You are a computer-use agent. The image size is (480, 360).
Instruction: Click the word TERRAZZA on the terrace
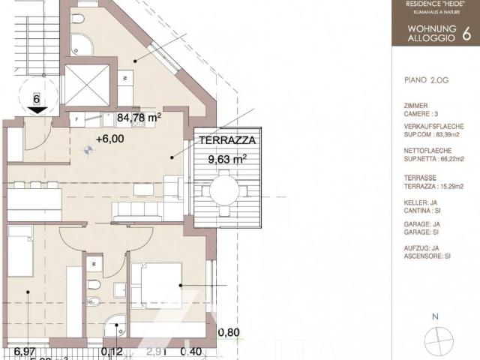227,140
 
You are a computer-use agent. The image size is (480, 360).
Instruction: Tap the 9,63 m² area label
227,159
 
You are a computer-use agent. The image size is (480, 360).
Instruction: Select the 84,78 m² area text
139,116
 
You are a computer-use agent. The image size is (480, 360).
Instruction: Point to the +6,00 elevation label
110,138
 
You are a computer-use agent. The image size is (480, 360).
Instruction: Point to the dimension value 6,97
25,351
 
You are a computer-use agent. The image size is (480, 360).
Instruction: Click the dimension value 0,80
229,333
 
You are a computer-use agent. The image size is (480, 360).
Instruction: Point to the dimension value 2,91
156,351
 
